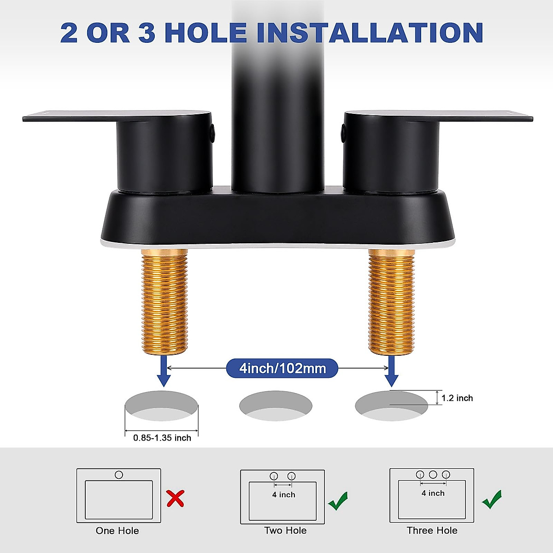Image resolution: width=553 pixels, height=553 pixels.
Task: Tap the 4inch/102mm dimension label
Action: point(282,368)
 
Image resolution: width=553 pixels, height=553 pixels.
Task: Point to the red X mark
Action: point(176,499)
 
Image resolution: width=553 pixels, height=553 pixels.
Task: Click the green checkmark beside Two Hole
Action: point(338,500)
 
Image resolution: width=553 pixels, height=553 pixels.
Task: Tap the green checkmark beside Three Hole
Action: point(492,499)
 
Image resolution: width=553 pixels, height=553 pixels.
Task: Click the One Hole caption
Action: point(117,531)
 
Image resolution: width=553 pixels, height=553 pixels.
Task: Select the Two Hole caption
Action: point(285,531)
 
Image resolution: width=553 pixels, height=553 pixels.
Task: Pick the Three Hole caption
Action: point(432,531)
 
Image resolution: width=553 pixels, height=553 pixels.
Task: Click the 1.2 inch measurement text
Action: point(457,398)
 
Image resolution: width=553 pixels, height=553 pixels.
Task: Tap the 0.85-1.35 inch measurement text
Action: point(162,438)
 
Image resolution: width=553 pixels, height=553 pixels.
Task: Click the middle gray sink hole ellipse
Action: point(276,406)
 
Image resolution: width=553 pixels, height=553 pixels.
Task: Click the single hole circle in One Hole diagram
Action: point(119,475)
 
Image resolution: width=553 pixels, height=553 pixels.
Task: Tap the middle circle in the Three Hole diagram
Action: point(433,474)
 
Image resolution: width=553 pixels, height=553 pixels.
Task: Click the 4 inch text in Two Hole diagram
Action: point(283,495)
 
